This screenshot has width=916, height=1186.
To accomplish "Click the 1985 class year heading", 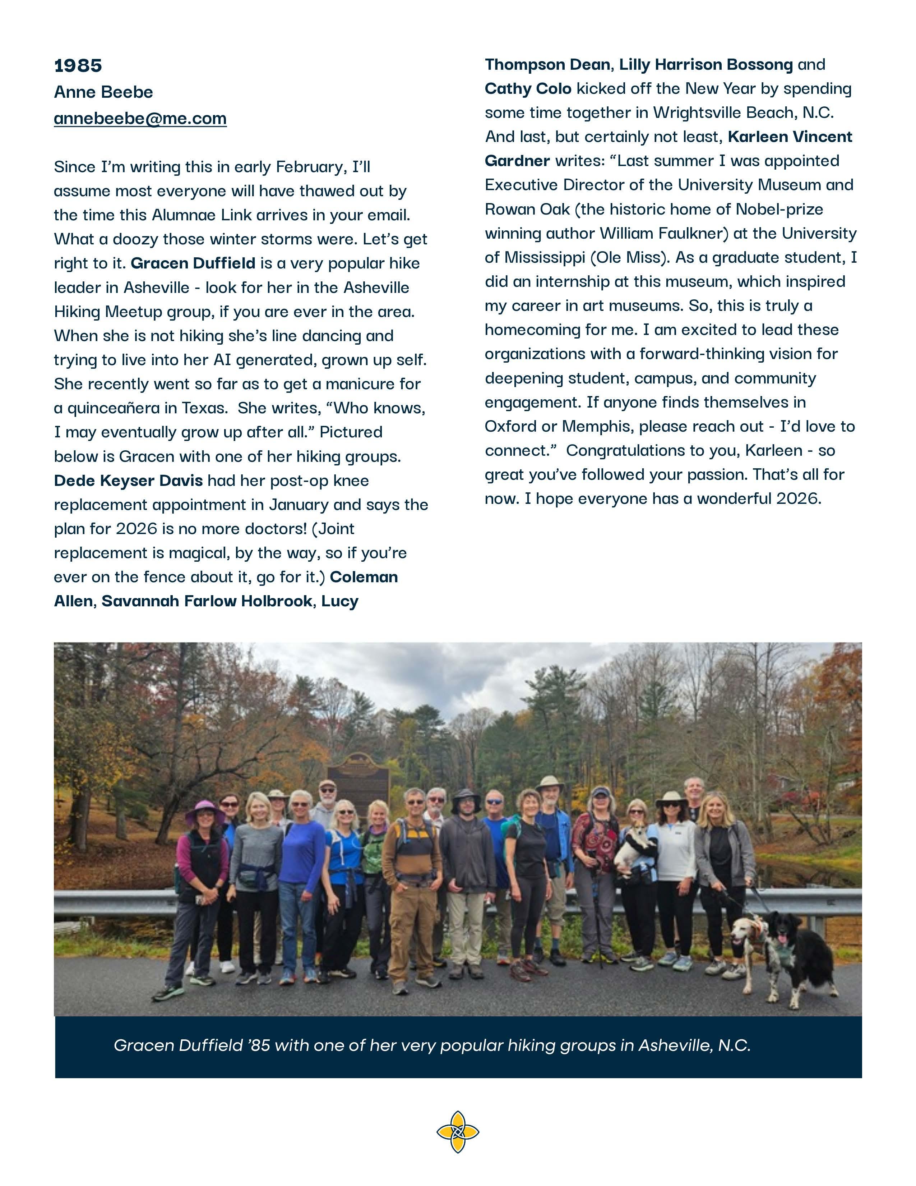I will coord(78,66).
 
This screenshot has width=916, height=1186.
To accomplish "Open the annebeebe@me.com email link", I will coord(140,118).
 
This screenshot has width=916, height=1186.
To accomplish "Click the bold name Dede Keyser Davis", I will coord(128,481).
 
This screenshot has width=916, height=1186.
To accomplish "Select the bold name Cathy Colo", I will coord(527,88).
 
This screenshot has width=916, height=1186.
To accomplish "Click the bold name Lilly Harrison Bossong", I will coord(705,65).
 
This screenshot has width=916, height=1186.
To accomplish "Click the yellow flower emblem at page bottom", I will coord(457,1132).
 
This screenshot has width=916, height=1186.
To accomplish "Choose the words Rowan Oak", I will coord(527,210).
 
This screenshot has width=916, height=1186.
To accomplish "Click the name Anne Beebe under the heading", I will coord(103,92).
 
